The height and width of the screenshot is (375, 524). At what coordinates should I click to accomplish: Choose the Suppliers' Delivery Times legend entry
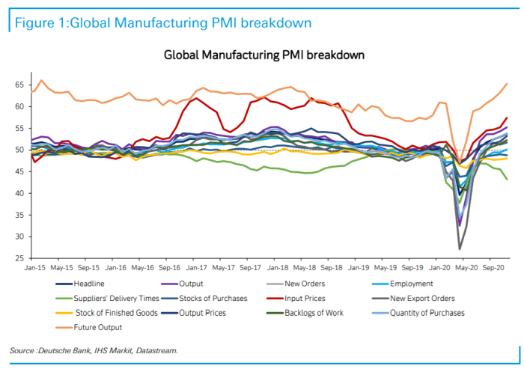116,298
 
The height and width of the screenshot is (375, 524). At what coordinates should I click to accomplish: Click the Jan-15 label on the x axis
35,267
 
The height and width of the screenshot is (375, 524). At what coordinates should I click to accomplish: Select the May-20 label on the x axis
467,267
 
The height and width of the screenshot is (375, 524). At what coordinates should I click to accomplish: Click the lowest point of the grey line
460,249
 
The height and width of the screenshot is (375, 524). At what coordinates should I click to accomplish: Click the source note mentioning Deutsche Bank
94,350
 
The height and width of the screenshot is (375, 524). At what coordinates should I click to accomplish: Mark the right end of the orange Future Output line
508,84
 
